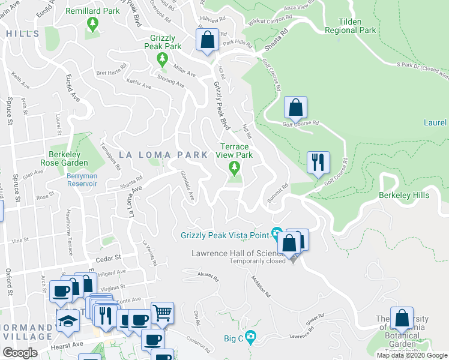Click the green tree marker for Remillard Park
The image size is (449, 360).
92,24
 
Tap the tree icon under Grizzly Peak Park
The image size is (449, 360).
161,59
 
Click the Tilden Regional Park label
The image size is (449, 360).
350,25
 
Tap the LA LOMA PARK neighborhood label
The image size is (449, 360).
164,154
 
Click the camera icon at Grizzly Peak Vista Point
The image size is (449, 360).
277,233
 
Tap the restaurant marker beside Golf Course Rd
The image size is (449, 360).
318,163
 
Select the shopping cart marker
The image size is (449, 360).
162,313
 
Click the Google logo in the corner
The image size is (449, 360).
20,353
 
